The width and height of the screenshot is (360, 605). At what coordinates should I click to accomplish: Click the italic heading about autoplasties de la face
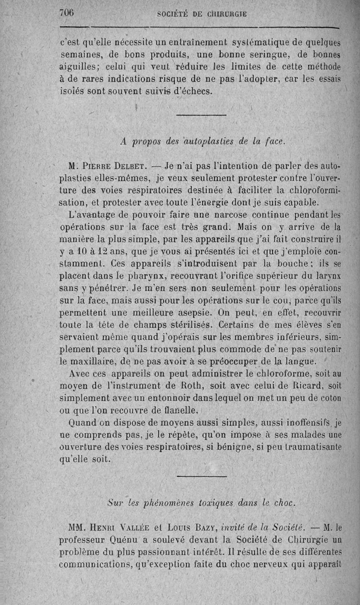pyautogui.click(x=203, y=141)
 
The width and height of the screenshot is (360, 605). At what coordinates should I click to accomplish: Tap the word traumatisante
pyautogui.click(x=313, y=447)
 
